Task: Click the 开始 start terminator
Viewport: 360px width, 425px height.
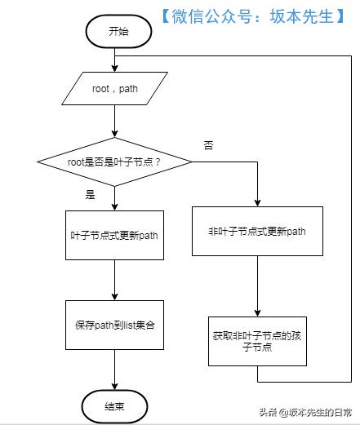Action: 118,32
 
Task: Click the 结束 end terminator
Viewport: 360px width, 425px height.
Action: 113,405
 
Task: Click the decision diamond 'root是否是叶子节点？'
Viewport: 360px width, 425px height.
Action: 114,162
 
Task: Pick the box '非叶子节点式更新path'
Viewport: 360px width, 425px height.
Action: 257,231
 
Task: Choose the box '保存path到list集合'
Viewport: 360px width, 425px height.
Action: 114,324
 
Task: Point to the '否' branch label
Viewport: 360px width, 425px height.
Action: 207,144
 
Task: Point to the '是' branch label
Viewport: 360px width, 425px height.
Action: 90,195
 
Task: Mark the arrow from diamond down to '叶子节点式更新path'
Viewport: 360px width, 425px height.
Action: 114,197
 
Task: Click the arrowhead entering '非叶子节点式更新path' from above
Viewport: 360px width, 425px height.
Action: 257,201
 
